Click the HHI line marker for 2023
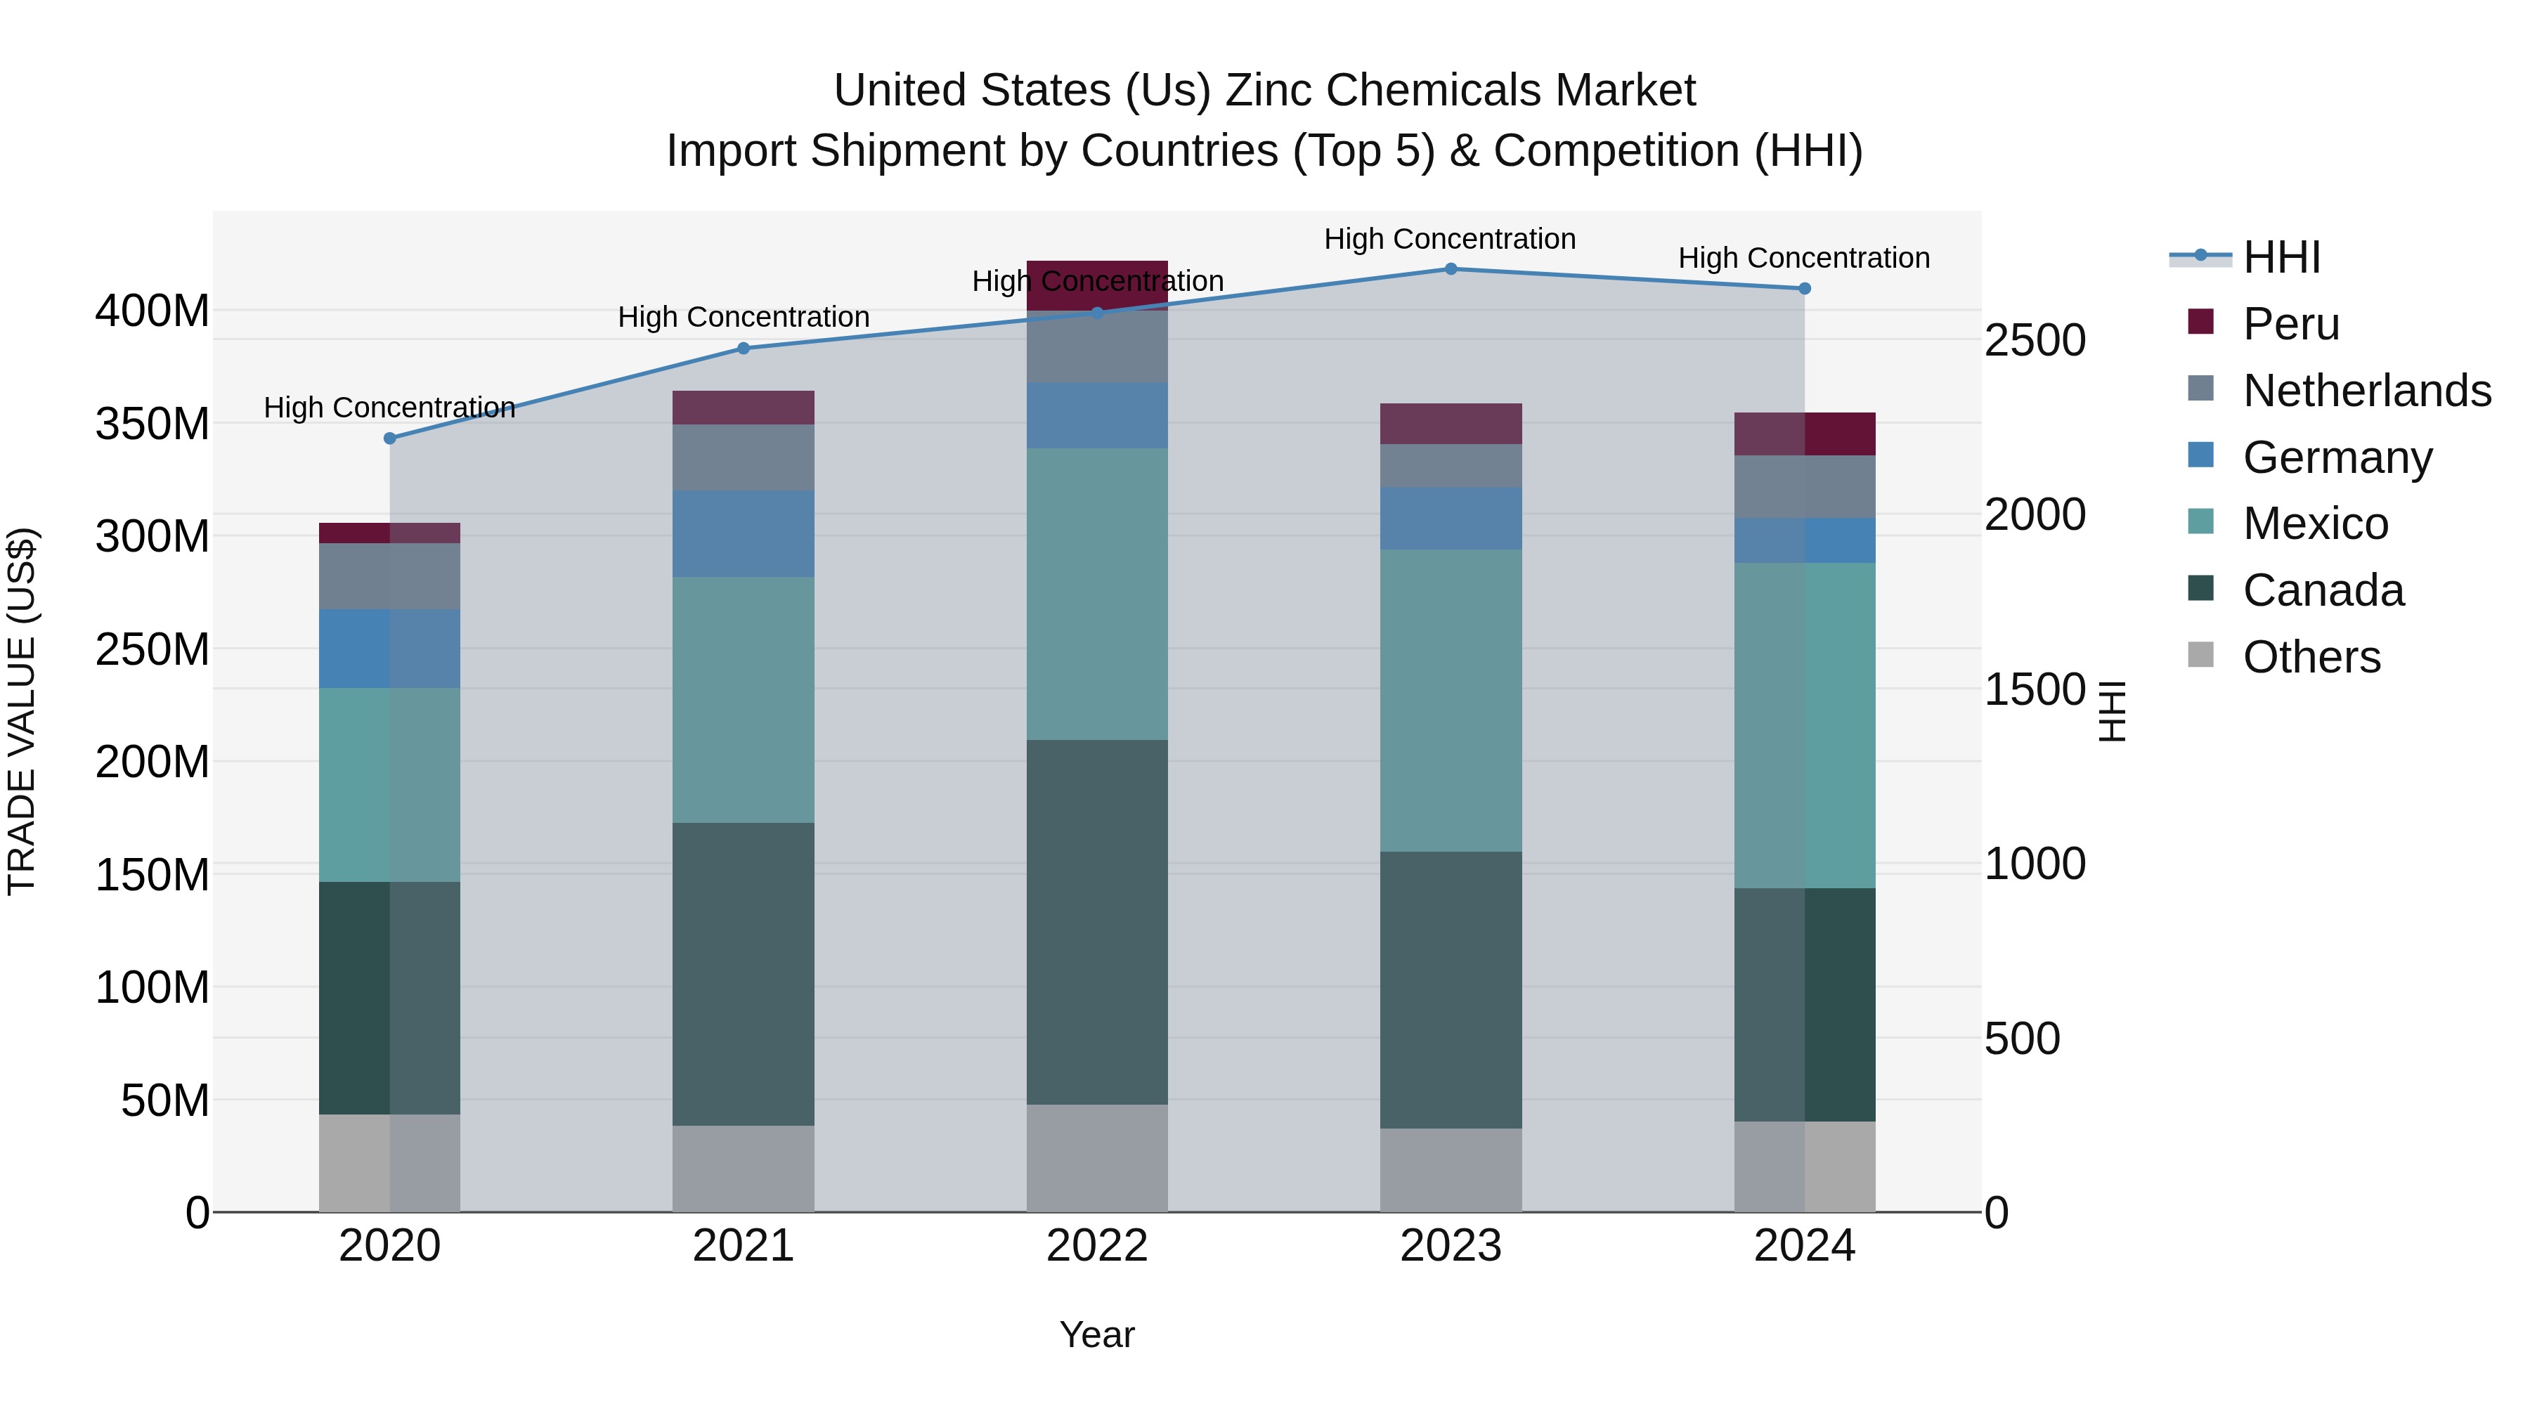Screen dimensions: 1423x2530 point(1451,269)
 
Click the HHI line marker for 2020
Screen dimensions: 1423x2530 point(390,438)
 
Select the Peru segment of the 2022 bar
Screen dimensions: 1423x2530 point(1097,285)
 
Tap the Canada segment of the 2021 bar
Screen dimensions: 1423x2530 point(744,974)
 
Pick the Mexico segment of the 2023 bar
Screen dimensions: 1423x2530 point(1451,700)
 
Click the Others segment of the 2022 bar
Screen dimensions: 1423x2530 point(1097,1158)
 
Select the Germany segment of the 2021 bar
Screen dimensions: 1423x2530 point(744,533)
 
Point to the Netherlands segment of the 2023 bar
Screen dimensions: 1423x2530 point(1451,465)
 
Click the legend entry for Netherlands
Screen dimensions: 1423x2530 point(2366,391)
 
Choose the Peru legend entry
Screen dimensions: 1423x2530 point(2290,324)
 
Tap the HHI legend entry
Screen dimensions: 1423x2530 point(2281,257)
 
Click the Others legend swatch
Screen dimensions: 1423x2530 point(2201,655)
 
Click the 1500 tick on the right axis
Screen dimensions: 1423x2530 point(2034,689)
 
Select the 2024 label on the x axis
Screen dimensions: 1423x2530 point(1804,1246)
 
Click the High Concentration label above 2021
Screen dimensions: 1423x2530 point(744,317)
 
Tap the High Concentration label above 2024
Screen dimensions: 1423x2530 point(1804,259)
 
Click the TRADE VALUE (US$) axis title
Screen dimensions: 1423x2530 point(22,711)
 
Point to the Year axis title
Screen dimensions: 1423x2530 point(1097,1334)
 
